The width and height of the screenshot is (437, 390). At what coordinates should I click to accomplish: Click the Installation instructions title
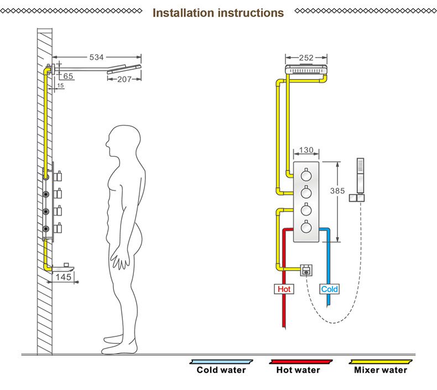(218, 12)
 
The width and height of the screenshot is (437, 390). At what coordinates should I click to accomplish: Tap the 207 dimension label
(124, 79)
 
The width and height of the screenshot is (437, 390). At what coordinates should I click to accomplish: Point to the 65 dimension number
(68, 76)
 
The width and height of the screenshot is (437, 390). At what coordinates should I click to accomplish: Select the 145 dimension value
(63, 277)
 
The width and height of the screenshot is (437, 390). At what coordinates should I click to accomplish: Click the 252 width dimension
(306, 58)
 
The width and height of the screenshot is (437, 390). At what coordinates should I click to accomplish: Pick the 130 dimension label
(306, 150)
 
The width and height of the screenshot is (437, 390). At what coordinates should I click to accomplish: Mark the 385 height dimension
(337, 191)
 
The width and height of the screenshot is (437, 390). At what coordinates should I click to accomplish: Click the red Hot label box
(284, 289)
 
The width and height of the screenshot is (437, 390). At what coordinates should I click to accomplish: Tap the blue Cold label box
(329, 289)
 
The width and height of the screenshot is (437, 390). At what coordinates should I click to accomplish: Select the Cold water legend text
(221, 370)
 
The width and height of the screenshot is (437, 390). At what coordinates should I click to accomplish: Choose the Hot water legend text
(298, 370)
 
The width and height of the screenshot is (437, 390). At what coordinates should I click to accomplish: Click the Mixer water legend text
(381, 370)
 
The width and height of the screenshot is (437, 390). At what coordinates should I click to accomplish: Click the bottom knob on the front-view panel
(306, 227)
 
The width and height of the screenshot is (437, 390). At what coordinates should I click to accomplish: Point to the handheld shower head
(361, 175)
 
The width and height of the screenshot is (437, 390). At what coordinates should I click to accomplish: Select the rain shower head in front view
(306, 71)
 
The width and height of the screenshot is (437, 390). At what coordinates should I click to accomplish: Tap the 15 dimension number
(60, 86)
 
